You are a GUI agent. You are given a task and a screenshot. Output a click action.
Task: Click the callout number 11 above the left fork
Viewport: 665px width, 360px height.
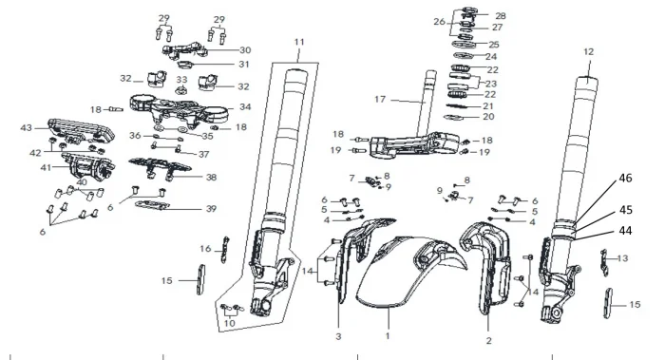[x=299, y=42]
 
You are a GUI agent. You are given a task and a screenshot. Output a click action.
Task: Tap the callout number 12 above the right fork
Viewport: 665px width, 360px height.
[x=589, y=51]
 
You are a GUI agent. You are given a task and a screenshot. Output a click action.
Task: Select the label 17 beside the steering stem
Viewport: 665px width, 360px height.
[x=380, y=99]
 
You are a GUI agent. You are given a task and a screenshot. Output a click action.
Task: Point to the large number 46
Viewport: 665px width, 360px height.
[x=625, y=178]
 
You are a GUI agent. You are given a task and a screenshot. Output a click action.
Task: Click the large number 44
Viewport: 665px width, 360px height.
[x=625, y=231]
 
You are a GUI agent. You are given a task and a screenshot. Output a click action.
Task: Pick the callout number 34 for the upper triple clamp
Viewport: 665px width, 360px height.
[x=245, y=106]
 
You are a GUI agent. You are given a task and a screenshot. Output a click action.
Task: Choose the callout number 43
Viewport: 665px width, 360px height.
[x=27, y=127]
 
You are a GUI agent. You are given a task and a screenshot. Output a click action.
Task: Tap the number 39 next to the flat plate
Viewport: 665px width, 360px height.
[x=211, y=209]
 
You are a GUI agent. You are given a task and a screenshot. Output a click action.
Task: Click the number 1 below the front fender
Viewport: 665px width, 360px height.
[x=388, y=336]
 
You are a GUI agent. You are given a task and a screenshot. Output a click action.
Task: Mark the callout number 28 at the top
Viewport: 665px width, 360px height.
[x=501, y=16]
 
